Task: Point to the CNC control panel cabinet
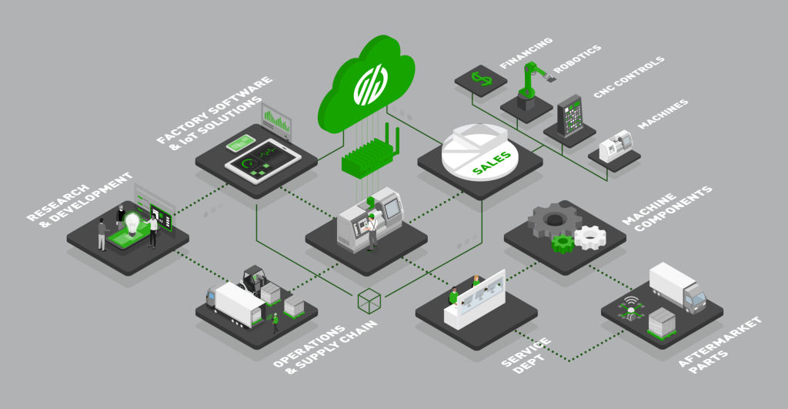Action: (x=570, y=116)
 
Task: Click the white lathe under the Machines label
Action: (x=616, y=146)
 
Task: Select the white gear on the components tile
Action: (x=591, y=237)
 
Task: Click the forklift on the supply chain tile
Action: (x=255, y=281)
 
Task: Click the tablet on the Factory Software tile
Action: (x=261, y=159)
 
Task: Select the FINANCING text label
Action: (x=526, y=52)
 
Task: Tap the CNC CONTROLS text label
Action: (x=622, y=79)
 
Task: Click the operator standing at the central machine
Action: (x=373, y=231)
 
